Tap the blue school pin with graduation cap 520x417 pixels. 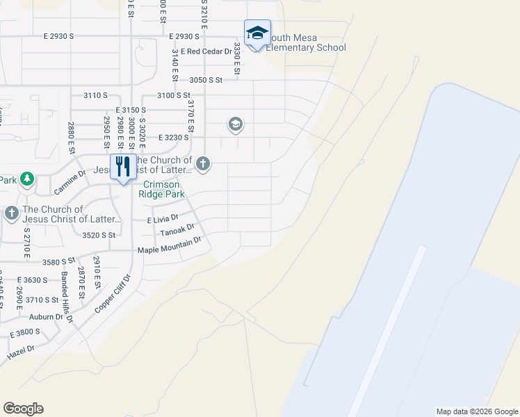click(x=257, y=33)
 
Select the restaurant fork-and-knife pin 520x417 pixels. click(x=123, y=167)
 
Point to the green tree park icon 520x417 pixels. click(x=27, y=180)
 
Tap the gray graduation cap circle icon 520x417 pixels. click(x=235, y=125)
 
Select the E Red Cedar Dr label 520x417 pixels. click(x=206, y=51)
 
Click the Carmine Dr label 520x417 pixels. click(x=70, y=183)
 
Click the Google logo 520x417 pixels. click(x=23, y=409)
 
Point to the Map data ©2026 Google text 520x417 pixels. click(x=477, y=411)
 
